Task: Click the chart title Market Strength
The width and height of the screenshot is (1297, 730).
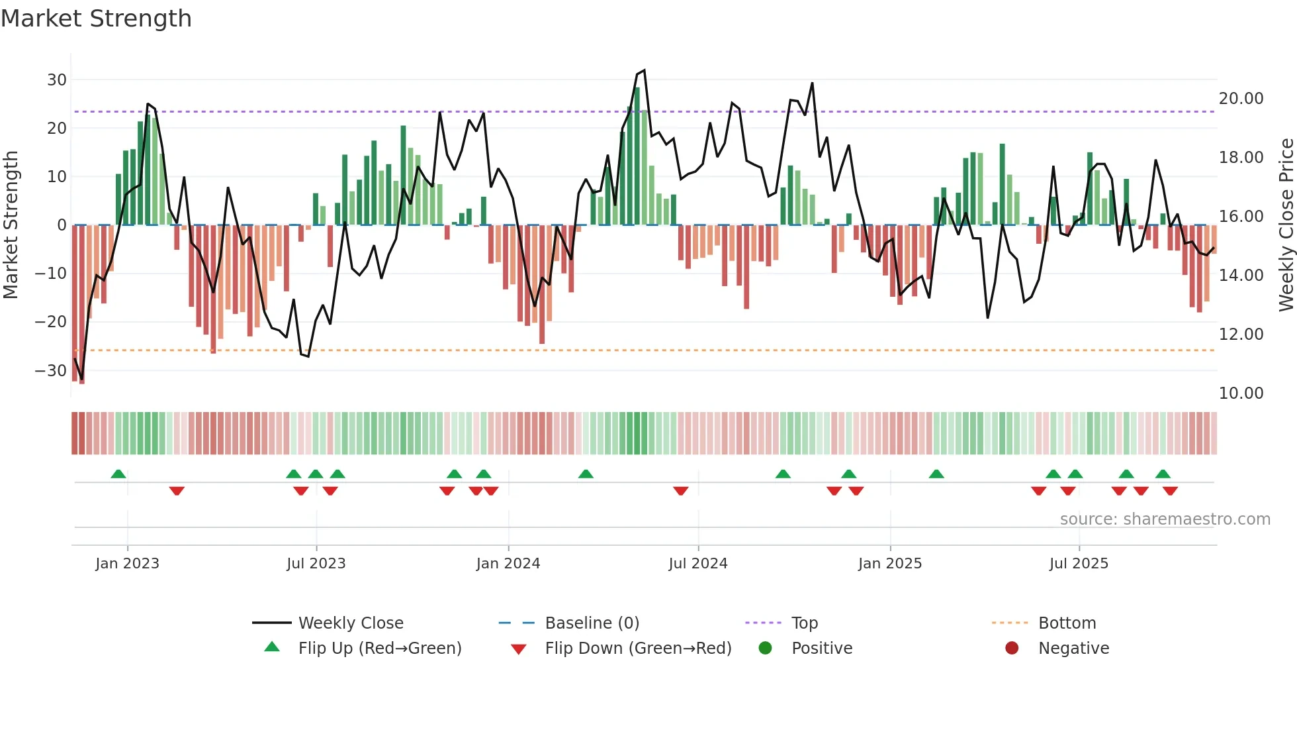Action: (97, 19)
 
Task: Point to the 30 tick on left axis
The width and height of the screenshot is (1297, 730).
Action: (57, 80)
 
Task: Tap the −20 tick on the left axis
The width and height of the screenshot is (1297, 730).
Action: (51, 322)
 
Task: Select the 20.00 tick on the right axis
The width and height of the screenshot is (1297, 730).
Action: (1241, 99)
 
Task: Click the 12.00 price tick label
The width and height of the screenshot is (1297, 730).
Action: (1241, 335)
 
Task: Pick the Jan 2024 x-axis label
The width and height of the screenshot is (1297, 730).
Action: (508, 564)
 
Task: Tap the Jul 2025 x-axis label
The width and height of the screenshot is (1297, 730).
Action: (1078, 564)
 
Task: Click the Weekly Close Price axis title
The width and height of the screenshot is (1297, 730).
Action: (1286, 225)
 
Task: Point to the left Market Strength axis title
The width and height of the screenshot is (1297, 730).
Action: (11, 225)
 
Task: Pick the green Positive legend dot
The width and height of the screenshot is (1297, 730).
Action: (765, 649)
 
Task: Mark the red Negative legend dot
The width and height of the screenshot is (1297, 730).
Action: (1011, 649)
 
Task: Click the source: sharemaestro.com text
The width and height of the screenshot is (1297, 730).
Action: (1165, 519)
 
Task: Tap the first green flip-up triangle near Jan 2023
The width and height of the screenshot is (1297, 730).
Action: (118, 474)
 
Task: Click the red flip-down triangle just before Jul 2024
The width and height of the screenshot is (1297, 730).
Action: (680, 491)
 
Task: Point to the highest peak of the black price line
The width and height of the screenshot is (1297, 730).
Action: (644, 70)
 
